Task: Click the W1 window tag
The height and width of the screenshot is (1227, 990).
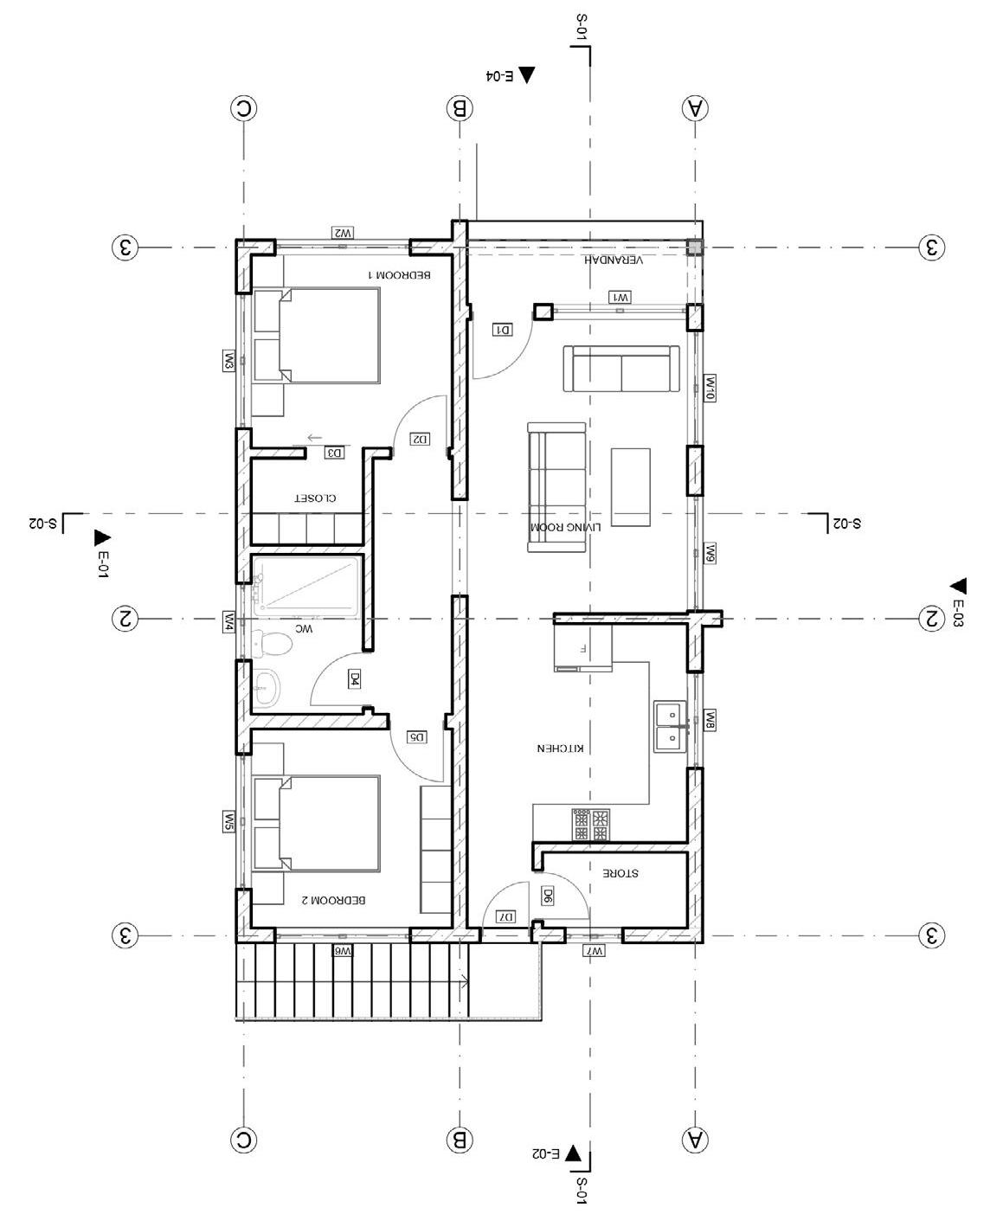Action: click(620, 298)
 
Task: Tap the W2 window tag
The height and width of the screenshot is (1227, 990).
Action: click(343, 233)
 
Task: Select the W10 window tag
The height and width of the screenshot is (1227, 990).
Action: click(710, 388)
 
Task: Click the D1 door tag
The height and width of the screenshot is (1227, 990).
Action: click(503, 330)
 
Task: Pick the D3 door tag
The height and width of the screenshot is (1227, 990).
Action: click(335, 453)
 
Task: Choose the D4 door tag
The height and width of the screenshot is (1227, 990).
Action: click(354, 678)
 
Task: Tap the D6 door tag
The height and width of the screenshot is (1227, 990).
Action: click(547, 896)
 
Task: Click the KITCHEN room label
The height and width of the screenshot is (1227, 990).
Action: click(561, 748)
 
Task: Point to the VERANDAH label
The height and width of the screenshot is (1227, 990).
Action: click(613, 260)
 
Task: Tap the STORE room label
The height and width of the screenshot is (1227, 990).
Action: click(620, 873)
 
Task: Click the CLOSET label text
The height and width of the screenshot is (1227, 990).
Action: click(315, 498)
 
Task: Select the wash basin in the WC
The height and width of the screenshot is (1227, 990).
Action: click(266, 687)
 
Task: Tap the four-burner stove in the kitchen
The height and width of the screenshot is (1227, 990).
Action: click(591, 825)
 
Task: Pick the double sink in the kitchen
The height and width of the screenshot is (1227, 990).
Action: click(670, 727)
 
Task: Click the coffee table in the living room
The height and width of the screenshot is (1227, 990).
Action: click(631, 487)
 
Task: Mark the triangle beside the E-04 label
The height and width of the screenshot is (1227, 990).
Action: click(526, 74)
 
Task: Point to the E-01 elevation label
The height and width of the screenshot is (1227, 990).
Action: click(103, 565)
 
